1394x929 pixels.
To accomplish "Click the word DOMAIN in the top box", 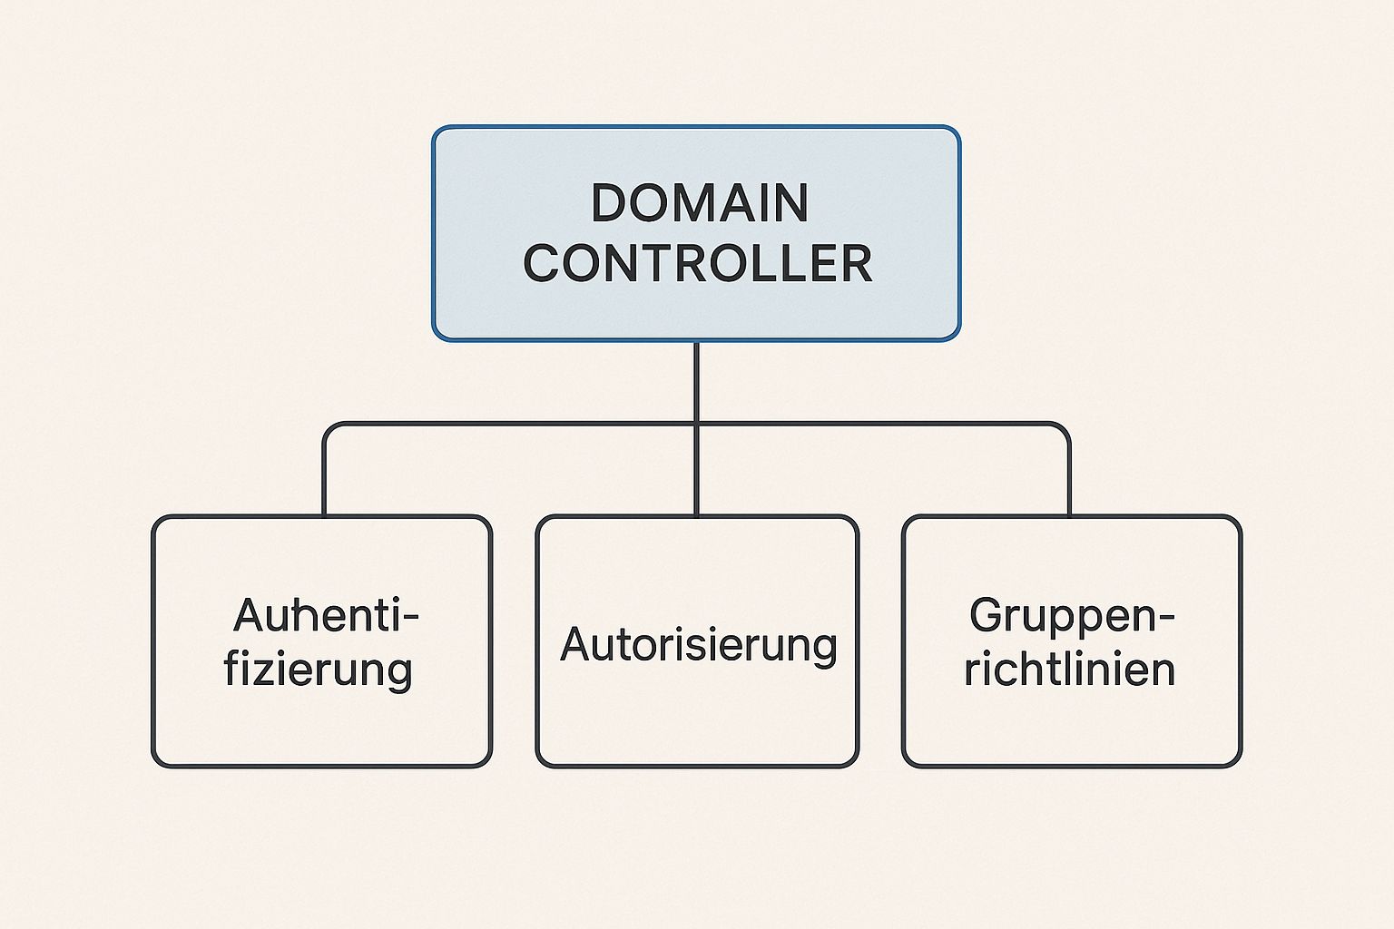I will pyautogui.click(x=699, y=202).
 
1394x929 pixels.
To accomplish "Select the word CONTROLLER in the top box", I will pyautogui.click(x=697, y=263).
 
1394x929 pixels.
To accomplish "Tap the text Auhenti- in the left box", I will pyautogui.click(x=326, y=617).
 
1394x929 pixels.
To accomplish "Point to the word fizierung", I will pyautogui.click(x=319, y=670).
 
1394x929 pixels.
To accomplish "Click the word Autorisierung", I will pyautogui.click(x=698, y=645).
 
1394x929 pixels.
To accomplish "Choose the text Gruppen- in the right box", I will pyautogui.click(x=1072, y=617).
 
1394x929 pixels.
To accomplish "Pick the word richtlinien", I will pyautogui.click(x=1070, y=670).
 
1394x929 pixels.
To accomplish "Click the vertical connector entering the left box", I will pyautogui.click(x=324, y=481).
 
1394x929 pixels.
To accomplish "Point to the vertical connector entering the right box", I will pyautogui.click(x=1069, y=481).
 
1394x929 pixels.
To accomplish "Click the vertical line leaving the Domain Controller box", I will pyautogui.click(x=696, y=381).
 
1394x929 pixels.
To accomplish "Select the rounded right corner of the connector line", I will pyautogui.click(x=1063, y=429).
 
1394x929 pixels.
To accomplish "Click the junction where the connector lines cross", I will pyautogui.click(x=696, y=424).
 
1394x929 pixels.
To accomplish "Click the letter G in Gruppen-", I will pyautogui.click(x=987, y=617).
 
